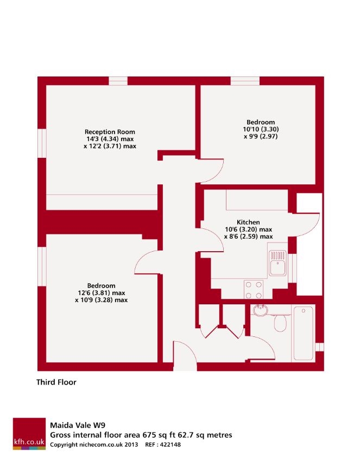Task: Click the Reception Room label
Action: [x=110, y=131]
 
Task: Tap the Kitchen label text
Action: [x=248, y=222]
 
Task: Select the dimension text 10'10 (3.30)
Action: [x=260, y=129]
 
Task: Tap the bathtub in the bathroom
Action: [x=303, y=332]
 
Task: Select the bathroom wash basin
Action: [x=260, y=311]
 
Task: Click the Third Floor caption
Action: [x=56, y=382]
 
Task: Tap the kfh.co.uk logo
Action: [x=30, y=433]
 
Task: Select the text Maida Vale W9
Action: [x=76, y=426]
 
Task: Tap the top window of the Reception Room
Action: [x=118, y=81]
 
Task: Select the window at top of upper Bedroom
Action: [x=245, y=81]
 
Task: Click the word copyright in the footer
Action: [x=65, y=445]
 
